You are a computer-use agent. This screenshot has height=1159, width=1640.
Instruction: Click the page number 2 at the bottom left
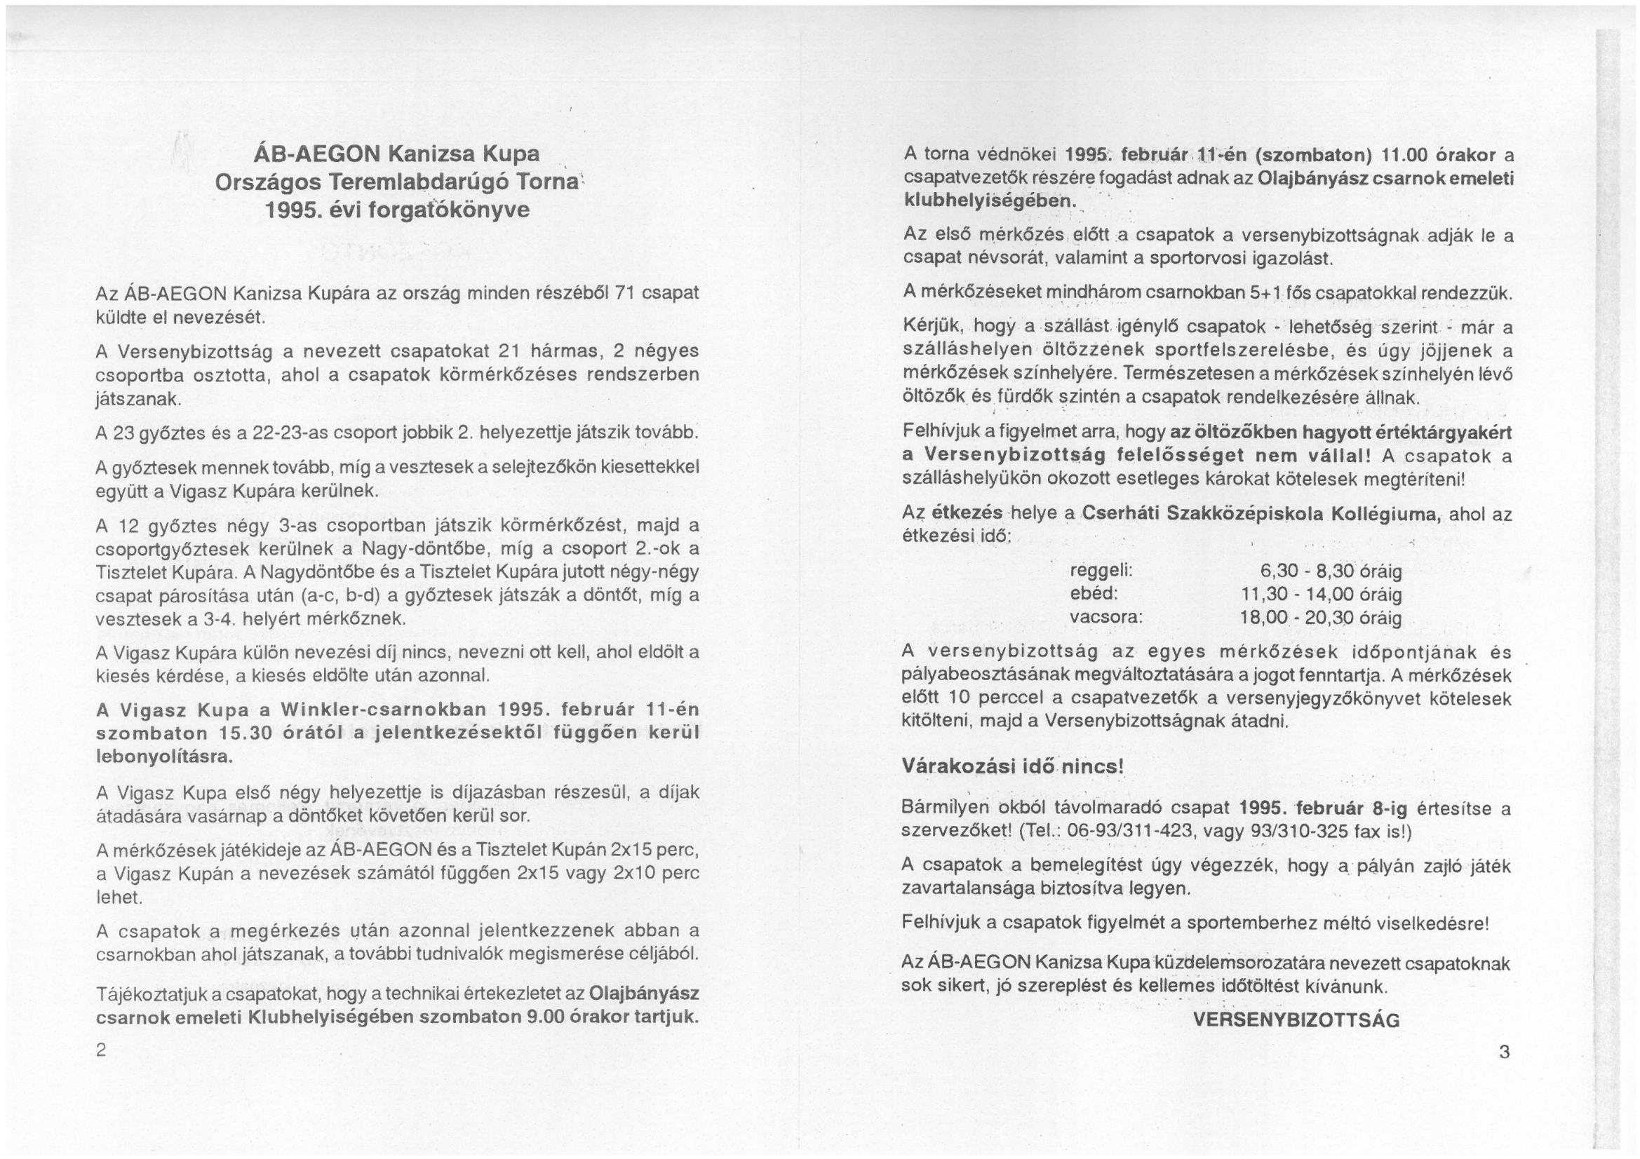click(102, 1050)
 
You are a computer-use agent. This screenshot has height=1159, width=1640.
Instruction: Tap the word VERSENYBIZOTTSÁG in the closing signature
click(1296, 1020)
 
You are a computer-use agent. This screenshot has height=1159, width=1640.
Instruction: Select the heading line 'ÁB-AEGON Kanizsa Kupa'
click(396, 154)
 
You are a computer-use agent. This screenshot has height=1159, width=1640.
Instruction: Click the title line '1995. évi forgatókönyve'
click(396, 210)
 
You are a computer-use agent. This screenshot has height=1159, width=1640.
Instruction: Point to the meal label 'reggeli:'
click(1101, 571)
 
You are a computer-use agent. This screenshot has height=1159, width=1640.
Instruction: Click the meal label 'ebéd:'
click(1094, 594)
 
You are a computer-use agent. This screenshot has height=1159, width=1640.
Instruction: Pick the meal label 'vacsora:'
click(1106, 617)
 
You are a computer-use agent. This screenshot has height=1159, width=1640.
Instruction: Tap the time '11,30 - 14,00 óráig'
click(1322, 594)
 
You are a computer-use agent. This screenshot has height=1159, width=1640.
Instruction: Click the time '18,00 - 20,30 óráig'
click(1322, 618)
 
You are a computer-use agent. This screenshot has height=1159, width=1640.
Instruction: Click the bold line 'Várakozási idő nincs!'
click(1013, 766)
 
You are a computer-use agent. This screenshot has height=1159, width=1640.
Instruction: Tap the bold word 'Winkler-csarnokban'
click(384, 710)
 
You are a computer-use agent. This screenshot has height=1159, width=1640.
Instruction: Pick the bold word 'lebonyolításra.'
click(164, 758)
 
